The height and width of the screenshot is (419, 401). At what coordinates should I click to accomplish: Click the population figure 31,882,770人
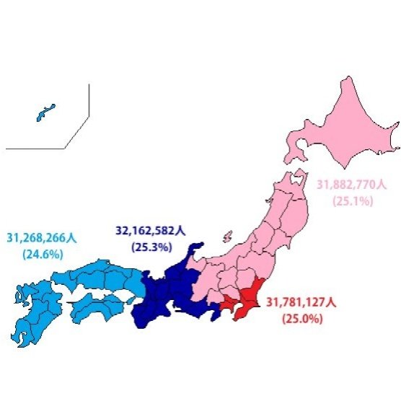click(351, 185)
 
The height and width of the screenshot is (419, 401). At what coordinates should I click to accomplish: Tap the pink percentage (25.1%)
click(352, 201)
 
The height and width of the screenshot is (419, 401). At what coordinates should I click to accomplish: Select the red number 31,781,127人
click(301, 301)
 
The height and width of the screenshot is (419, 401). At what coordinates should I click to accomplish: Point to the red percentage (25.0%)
click(301, 318)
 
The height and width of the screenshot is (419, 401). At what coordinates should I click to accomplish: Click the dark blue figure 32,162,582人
click(150, 231)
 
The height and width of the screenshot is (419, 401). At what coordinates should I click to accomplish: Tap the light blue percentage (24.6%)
click(43, 254)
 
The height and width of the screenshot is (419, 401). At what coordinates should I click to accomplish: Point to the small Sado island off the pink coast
click(228, 236)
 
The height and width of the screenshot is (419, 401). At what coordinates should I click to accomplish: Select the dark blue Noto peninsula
click(193, 252)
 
